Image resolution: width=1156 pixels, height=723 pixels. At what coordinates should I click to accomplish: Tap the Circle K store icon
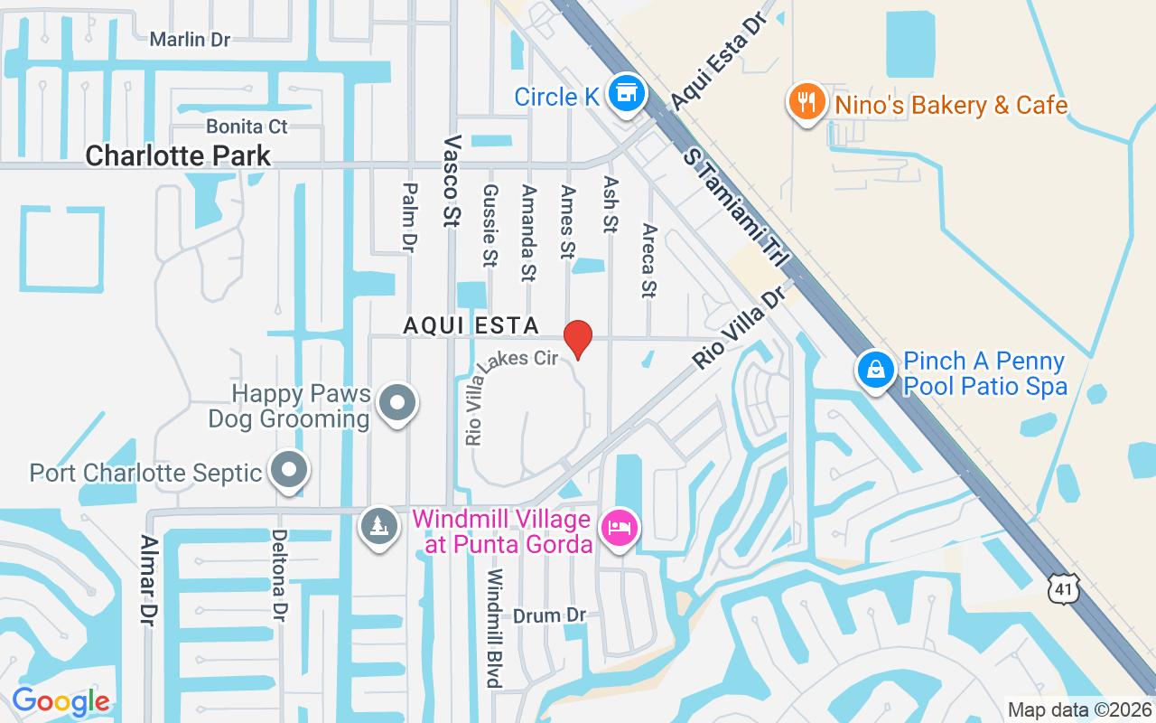pyautogui.click(x=625, y=94)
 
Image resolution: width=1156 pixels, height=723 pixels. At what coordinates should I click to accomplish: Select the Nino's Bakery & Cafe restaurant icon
pyautogui.click(x=803, y=101)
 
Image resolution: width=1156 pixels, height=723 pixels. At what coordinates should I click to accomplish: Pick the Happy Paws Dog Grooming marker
pyautogui.click(x=397, y=402)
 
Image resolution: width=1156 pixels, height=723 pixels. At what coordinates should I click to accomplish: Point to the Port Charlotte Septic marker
pyautogui.click(x=290, y=471)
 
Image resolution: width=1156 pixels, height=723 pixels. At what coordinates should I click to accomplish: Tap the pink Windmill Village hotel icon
pyautogui.click(x=620, y=527)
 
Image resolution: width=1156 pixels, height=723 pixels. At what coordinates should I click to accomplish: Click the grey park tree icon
pyautogui.click(x=379, y=527)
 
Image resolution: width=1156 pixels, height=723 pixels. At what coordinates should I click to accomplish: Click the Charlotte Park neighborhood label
pyautogui.click(x=178, y=155)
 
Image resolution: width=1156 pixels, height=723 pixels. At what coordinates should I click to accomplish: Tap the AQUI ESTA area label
pyautogui.click(x=471, y=325)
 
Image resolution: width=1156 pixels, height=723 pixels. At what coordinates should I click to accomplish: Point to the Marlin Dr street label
pyautogui.click(x=191, y=39)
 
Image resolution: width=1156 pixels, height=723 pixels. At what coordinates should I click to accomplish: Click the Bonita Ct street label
pyautogui.click(x=247, y=126)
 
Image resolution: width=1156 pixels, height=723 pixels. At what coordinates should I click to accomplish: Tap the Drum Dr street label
pyautogui.click(x=549, y=615)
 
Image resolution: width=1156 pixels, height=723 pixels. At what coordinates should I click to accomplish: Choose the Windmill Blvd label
pyautogui.click(x=494, y=627)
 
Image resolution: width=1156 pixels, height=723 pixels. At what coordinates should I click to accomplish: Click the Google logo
pyautogui.click(x=61, y=701)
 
